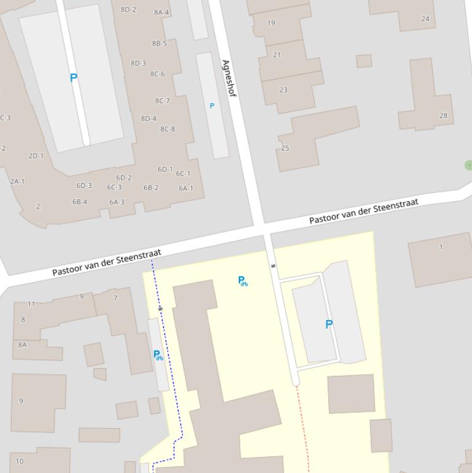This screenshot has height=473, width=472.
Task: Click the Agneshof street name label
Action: point(228,78)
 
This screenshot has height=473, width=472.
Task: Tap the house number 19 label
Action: point(271,23)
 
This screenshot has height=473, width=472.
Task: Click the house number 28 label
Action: point(443,115)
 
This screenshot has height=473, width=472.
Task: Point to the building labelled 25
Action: point(285,148)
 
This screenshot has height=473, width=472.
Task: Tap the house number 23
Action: point(284,90)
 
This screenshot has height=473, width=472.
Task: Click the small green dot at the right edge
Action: point(469,165)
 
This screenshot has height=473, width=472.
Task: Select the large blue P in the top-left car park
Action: point(74,78)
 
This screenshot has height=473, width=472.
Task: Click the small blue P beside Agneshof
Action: point(212,106)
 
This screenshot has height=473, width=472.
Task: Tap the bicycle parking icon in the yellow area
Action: point(243,281)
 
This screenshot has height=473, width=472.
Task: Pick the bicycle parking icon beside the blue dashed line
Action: point(158,355)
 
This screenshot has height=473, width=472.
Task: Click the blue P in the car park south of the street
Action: point(329,324)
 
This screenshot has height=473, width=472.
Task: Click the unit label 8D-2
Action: point(128,10)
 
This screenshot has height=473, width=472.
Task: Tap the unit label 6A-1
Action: point(186,189)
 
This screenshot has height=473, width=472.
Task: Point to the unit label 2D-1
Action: point(36,156)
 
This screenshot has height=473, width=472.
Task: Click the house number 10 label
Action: point(20,461)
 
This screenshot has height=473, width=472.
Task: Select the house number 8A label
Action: point(23,345)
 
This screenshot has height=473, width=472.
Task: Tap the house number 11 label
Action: point(31,303)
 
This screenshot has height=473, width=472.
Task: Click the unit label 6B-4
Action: point(80,201)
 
